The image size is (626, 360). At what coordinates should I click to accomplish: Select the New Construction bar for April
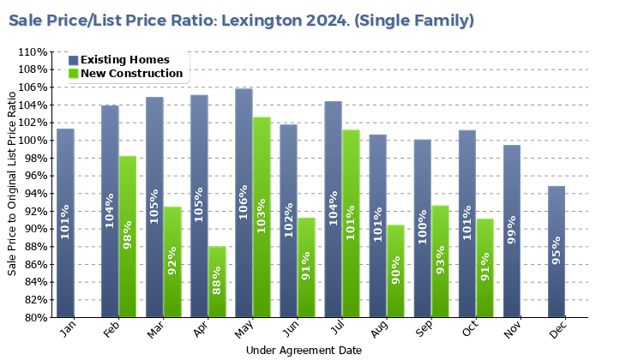[218, 282]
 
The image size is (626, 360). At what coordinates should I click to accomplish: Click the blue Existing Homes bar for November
[512, 231]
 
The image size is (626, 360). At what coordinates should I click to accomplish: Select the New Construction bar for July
[352, 223]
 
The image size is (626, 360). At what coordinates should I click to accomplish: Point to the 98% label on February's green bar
[129, 234]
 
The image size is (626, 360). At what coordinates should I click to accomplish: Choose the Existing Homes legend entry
[124, 60]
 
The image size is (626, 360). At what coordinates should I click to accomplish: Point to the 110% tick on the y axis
[30, 52]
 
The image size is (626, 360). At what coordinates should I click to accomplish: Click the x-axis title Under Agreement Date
[304, 351]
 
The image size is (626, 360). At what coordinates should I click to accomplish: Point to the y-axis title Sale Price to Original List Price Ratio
[12, 185]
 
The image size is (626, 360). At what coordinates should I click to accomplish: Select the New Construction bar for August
[396, 271]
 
